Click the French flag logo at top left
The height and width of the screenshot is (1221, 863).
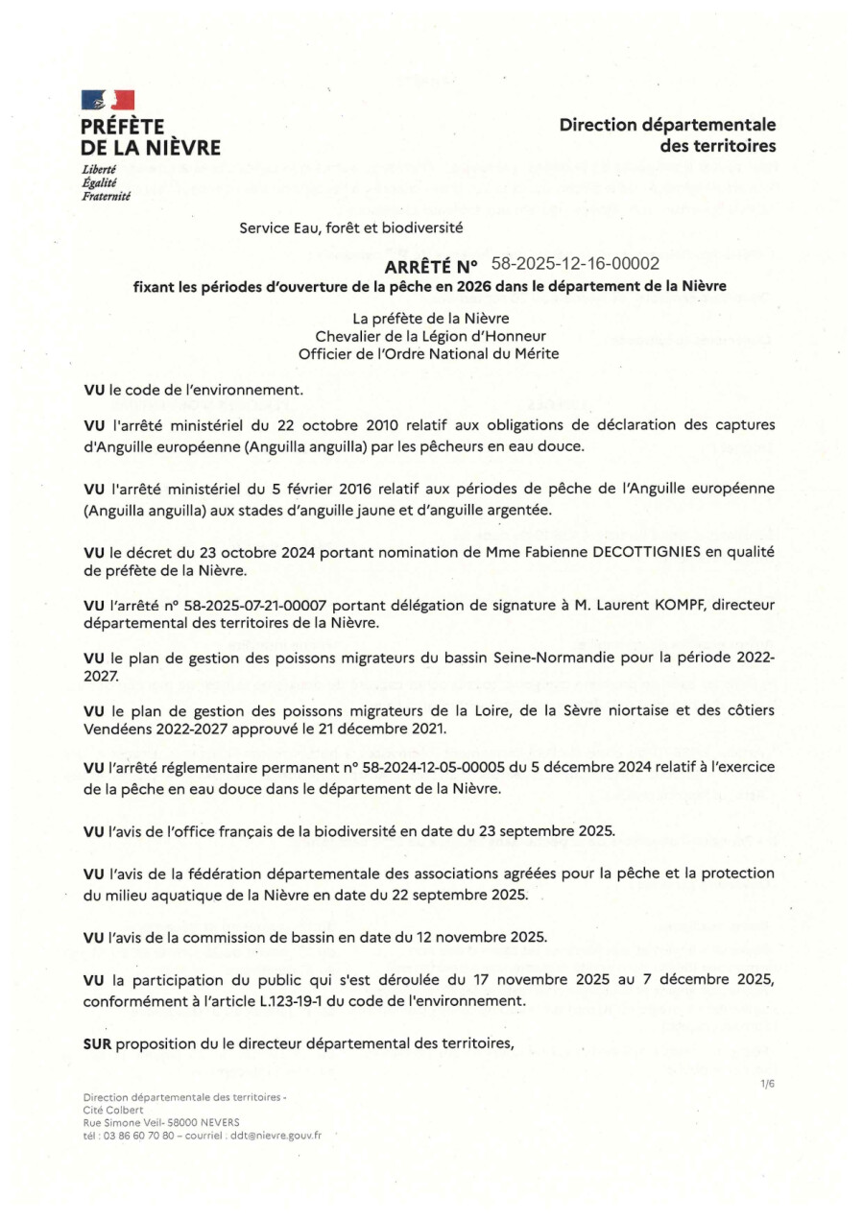[x=108, y=99]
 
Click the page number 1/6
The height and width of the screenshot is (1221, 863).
[x=767, y=1083]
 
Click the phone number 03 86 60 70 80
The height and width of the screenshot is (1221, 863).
[x=136, y=1134]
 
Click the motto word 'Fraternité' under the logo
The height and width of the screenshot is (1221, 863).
[x=106, y=196]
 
